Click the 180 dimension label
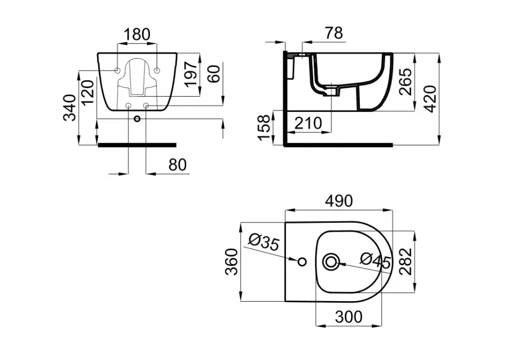(137, 34)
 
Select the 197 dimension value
(192, 74)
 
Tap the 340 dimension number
(70, 107)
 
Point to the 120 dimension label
(88, 92)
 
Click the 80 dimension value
(178, 165)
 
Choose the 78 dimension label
(334, 33)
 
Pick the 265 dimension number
(406, 82)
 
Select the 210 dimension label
(308, 123)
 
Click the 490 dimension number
(339, 201)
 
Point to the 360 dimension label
(231, 261)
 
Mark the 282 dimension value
(405, 261)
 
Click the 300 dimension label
(348, 317)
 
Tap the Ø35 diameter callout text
(264, 242)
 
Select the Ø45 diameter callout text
(375, 260)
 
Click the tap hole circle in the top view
(302, 262)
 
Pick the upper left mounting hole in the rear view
(118, 71)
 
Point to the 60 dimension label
(214, 74)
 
